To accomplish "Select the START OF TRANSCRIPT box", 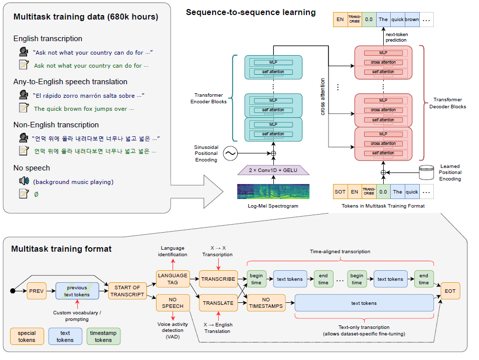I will point(127,291).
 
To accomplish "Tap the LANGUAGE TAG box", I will point(172,279).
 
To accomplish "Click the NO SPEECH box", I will point(172,302).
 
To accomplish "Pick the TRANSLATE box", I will point(218,303).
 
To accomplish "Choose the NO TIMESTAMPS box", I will point(266,303).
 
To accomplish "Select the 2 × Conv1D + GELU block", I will point(273,171).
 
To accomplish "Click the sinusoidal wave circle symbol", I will point(230,153).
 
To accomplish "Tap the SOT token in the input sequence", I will point(340,192).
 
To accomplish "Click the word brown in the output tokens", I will point(412,20).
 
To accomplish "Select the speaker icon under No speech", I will point(23,181).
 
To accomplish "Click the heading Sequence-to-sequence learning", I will point(251,12).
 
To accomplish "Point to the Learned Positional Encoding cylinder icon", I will point(426,172).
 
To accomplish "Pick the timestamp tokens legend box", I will point(103,336).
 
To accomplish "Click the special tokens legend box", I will point(27,336).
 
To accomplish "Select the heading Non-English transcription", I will point(56,125).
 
